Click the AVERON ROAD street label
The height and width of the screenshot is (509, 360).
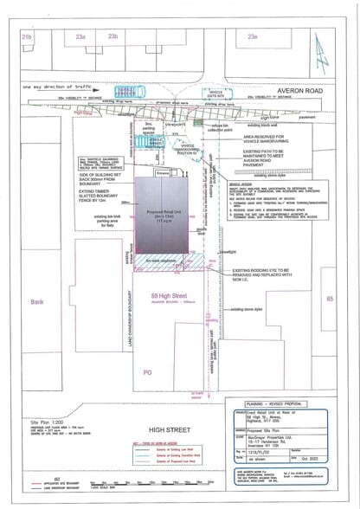point(301,89)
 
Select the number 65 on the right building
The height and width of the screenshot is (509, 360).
point(330,299)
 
